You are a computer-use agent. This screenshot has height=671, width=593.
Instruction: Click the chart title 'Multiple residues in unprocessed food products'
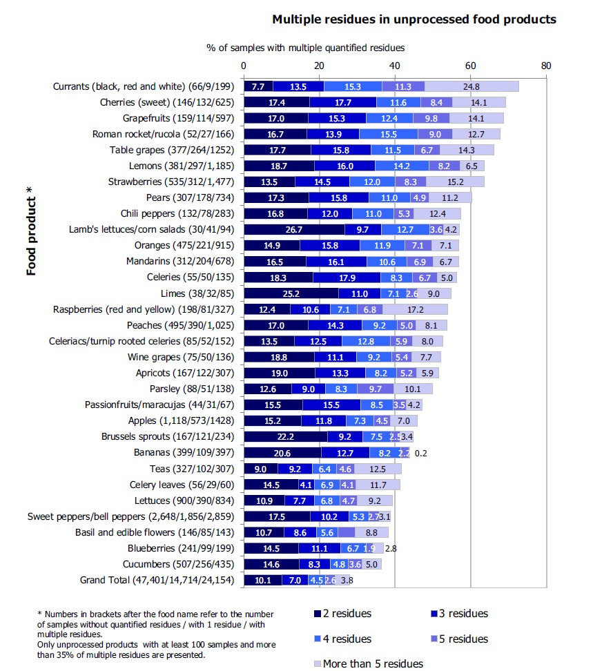[x=414, y=19]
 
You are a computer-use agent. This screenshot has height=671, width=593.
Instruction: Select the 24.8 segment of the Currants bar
[x=472, y=86]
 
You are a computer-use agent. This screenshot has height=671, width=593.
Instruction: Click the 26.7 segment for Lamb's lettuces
[x=294, y=229]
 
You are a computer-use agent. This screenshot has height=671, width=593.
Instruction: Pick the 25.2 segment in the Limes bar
[x=291, y=293]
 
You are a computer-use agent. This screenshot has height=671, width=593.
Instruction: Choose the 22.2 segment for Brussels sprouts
[x=285, y=436]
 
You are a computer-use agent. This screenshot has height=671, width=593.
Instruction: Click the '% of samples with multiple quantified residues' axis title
[x=305, y=48]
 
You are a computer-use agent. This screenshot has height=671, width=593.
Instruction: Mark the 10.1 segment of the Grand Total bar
[x=262, y=580]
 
